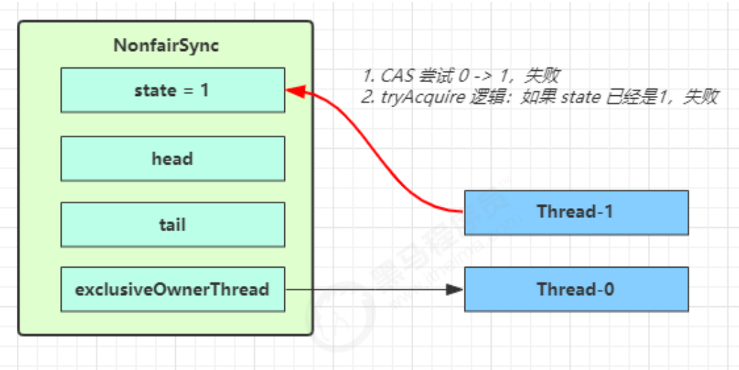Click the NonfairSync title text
(166, 46)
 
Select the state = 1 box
(172, 90)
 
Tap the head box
(172, 158)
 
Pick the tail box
(172, 224)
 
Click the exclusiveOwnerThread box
(172, 289)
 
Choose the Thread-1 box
(576, 212)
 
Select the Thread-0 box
(576, 289)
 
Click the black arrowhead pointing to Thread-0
(457, 289)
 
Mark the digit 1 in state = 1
(205, 90)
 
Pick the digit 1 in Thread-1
(609, 212)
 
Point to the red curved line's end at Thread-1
(461, 211)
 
